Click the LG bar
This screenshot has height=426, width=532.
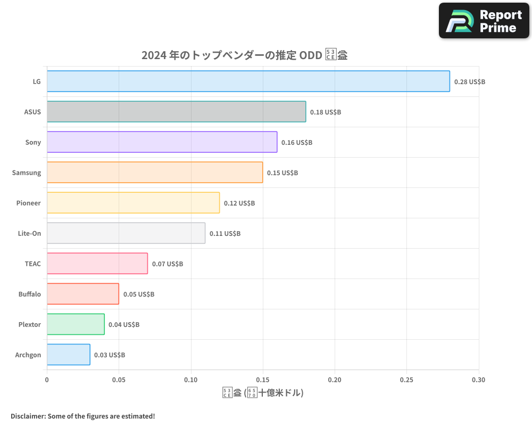248,81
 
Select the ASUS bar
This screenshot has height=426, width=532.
176,112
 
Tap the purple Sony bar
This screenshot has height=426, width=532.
162,142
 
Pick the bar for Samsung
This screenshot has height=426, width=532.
154,173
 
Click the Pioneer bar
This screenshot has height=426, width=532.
133,203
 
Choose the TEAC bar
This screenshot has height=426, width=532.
97,264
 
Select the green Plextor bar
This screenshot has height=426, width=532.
76,324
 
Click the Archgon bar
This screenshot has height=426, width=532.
68,355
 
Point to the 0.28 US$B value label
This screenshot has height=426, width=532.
469,82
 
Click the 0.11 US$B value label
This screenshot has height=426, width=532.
225,234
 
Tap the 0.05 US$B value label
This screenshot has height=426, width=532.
138,294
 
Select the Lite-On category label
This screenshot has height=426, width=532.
29,233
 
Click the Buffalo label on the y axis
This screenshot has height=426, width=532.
29,294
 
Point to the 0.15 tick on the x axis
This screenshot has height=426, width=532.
263,380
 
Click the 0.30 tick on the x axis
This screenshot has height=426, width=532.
478,380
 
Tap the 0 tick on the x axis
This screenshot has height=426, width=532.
47,380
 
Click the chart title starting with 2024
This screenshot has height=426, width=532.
244,55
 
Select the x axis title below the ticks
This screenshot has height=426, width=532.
263,394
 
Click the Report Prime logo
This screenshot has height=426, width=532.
484,21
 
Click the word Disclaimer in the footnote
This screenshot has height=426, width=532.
28,416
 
